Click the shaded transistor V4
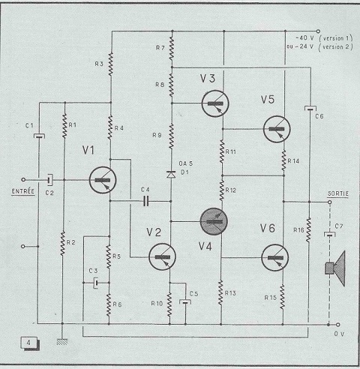click(x=214, y=221)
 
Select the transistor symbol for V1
click(x=103, y=180)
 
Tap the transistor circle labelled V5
click(x=277, y=129)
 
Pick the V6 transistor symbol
click(x=275, y=258)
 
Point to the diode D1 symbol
click(x=171, y=174)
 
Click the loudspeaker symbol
click(x=335, y=268)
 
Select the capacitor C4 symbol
click(x=146, y=201)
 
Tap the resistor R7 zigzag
click(x=172, y=49)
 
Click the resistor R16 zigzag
click(x=309, y=229)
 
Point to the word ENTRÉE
click(x=23, y=191)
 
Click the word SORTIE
click(x=338, y=193)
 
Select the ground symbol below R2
click(x=62, y=342)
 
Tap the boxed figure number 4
click(x=29, y=343)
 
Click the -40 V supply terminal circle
click(x=318, y=31)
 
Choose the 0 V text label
click(x=339, y=334)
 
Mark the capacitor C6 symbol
click(x=310, y=109)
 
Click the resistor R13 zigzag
click(x=220, y=292)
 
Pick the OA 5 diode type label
click(x=186, y=163)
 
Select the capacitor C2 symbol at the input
click(x=50, y=180)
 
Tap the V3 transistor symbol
click(x=215, y=103)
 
